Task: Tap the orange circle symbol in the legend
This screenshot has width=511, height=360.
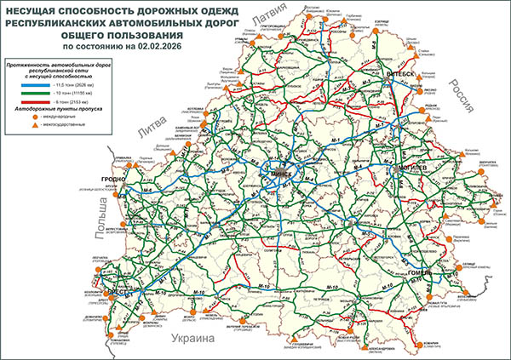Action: tap(36, 117)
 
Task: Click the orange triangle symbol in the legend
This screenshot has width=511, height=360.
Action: tap(36, 125)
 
